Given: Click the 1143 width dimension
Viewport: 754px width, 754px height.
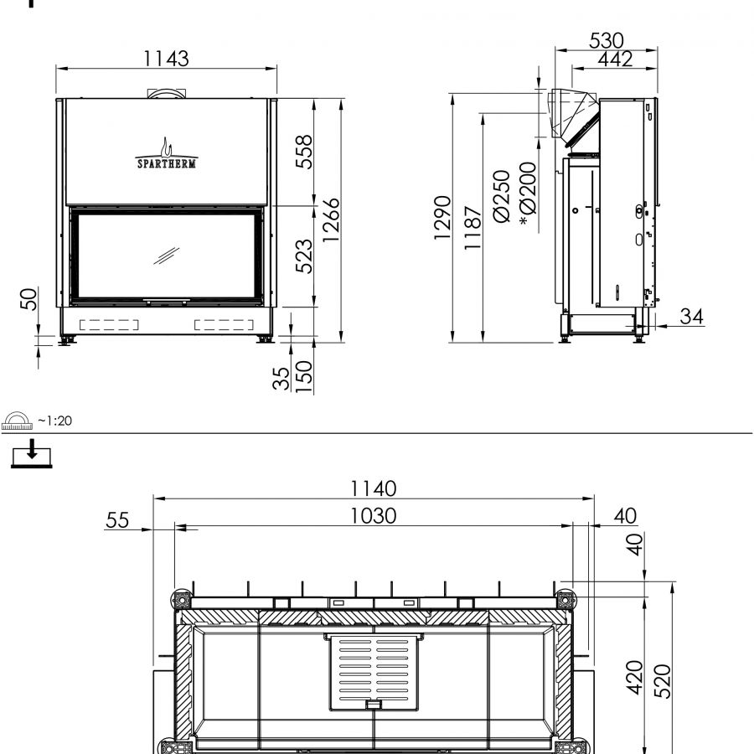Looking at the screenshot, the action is point(167,59).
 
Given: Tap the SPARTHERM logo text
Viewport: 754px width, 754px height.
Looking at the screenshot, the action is point(167,164).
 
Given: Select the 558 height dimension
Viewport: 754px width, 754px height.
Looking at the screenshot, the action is point(304,152).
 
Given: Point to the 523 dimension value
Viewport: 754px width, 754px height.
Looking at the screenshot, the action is point(304,256).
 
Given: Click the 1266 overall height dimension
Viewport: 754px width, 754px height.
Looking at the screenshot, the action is point(331,220).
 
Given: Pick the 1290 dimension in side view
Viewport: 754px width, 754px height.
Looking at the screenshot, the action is point(442,218).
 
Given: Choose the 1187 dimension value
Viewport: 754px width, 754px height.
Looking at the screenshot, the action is point(473,228).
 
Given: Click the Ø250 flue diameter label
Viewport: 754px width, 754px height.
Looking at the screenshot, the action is point(502,196).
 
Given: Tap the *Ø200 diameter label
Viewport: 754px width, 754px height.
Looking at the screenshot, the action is point(528,194).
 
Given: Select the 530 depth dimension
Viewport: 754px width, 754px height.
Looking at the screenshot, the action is point(607,41).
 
